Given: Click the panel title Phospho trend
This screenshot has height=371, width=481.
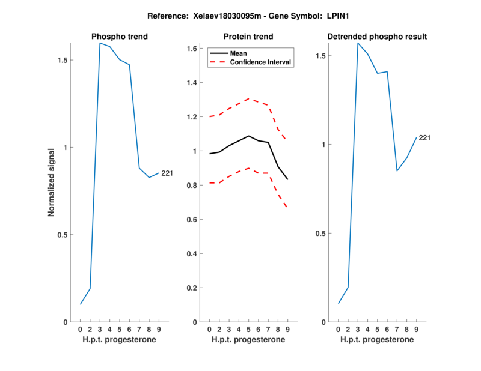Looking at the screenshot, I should [x=120, y=37].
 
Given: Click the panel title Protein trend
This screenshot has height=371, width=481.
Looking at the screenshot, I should [x=248, y=37].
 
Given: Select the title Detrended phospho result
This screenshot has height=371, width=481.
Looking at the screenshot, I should [x=377, y=37].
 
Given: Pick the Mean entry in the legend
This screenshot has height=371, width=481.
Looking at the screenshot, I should [x=239, y=53].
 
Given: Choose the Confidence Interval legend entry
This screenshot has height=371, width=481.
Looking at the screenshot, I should [x=260, y=62].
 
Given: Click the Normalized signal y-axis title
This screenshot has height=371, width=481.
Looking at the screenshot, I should [x=52, y=181].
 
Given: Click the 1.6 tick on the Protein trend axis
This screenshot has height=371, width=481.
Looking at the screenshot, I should [x=192, y=49].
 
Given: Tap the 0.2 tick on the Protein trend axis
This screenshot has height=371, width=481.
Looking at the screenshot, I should [x=192, y=288].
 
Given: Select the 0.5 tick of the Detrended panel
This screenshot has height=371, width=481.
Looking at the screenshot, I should [x=320, y=234].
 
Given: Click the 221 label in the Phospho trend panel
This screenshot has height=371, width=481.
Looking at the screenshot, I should [x=167, y=173].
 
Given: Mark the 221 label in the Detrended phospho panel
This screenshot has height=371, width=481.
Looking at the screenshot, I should [x=424, y=138].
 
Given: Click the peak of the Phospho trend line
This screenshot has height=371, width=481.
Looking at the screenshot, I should [x=100, y=43].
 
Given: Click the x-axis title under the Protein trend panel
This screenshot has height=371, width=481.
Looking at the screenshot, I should [x=248, y=340].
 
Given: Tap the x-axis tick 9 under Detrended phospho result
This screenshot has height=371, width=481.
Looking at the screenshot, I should [x=416, y=330].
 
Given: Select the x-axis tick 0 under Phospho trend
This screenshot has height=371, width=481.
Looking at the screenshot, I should [x=81, y=330].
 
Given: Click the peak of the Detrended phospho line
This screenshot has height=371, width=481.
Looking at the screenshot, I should [x=358, y=43].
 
